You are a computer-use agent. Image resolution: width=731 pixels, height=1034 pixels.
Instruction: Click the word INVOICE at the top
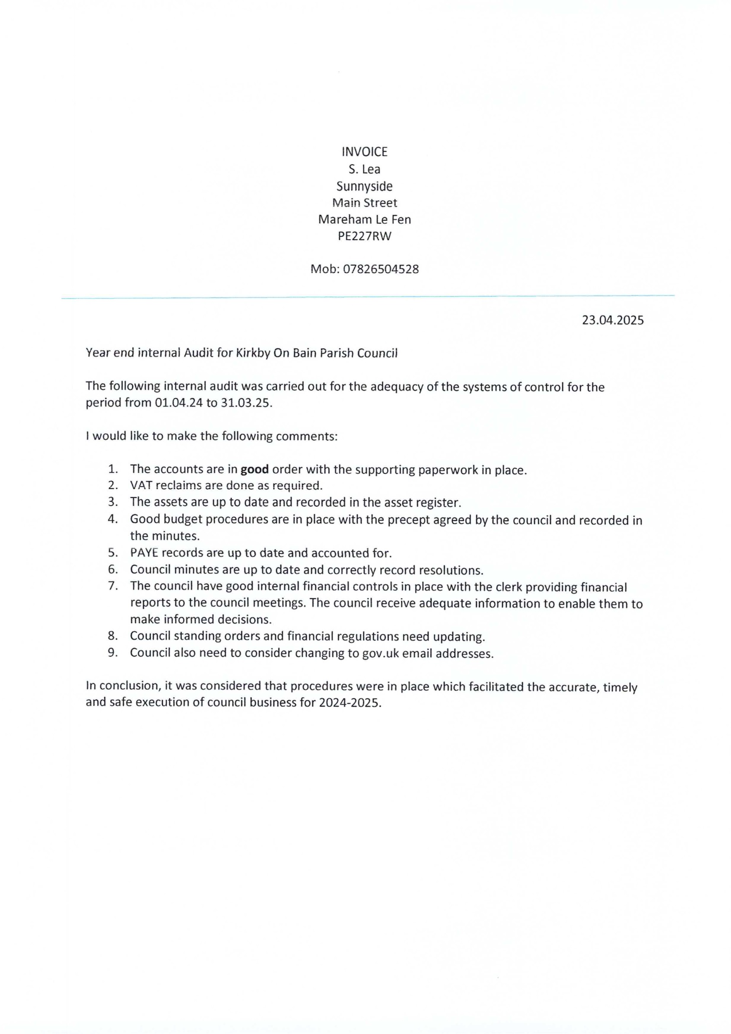(x=365, y=152)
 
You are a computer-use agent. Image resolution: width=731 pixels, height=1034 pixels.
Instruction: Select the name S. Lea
(x=365, y=169)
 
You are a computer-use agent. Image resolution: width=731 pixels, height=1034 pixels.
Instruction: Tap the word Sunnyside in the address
(x=365, y=186)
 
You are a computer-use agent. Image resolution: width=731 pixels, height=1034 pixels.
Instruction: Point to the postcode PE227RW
(x=365, y=236)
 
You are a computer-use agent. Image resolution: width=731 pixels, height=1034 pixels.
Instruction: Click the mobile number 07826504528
(x=381, y=269)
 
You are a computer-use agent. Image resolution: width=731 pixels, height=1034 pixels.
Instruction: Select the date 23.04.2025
(x=613, y=320)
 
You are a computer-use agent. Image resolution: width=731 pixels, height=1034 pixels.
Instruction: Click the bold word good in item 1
(x=255, y=469)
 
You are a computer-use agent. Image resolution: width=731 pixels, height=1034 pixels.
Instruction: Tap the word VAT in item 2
(x=140, y=486)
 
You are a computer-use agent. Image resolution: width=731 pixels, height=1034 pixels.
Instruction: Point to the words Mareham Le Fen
(x=365, y=219)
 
